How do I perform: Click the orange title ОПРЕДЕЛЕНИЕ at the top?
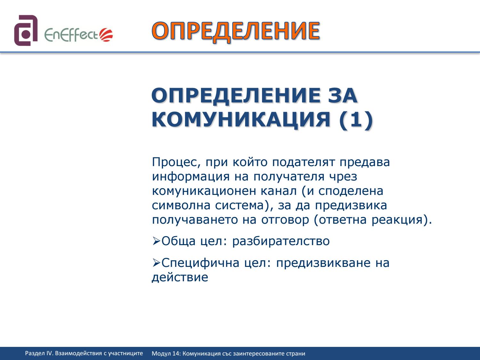pyautogui.click(x=236, y=32)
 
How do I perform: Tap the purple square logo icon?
pyautogui.click(x=26, y=30)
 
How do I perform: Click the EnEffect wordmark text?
pyautogui.click(x=71, y=35)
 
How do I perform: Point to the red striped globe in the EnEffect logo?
pyautogui.click(x=106, y=35)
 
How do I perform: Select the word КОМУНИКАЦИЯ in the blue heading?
pyautogui.click(x=241, y=120)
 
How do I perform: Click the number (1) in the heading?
pyautogui.click(x=356, y=119)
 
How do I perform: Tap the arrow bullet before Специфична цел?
pyautogui.click(x=156, y=263)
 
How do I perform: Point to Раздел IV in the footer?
pyautogui.click(x=39, y=354)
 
